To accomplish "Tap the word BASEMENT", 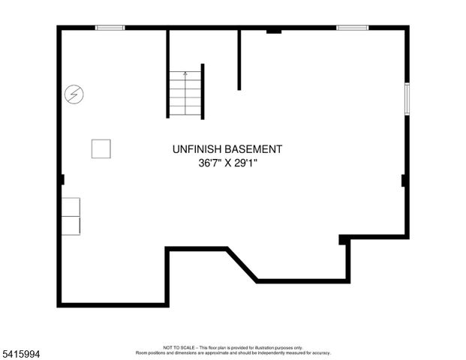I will [256, 149].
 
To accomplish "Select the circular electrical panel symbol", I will [74, 94].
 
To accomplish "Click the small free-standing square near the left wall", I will [101, 148].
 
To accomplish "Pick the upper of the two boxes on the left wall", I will [71, 207].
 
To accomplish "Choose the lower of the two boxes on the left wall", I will [71, 226].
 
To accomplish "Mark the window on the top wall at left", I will [110, 28].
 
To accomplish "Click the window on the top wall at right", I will [352, 28].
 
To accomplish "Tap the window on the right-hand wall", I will [407, 98].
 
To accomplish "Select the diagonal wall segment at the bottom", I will [242, 265].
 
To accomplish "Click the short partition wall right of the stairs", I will [239, 60].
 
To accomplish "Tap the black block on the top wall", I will [273, 31].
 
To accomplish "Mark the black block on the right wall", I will [404, 180].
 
